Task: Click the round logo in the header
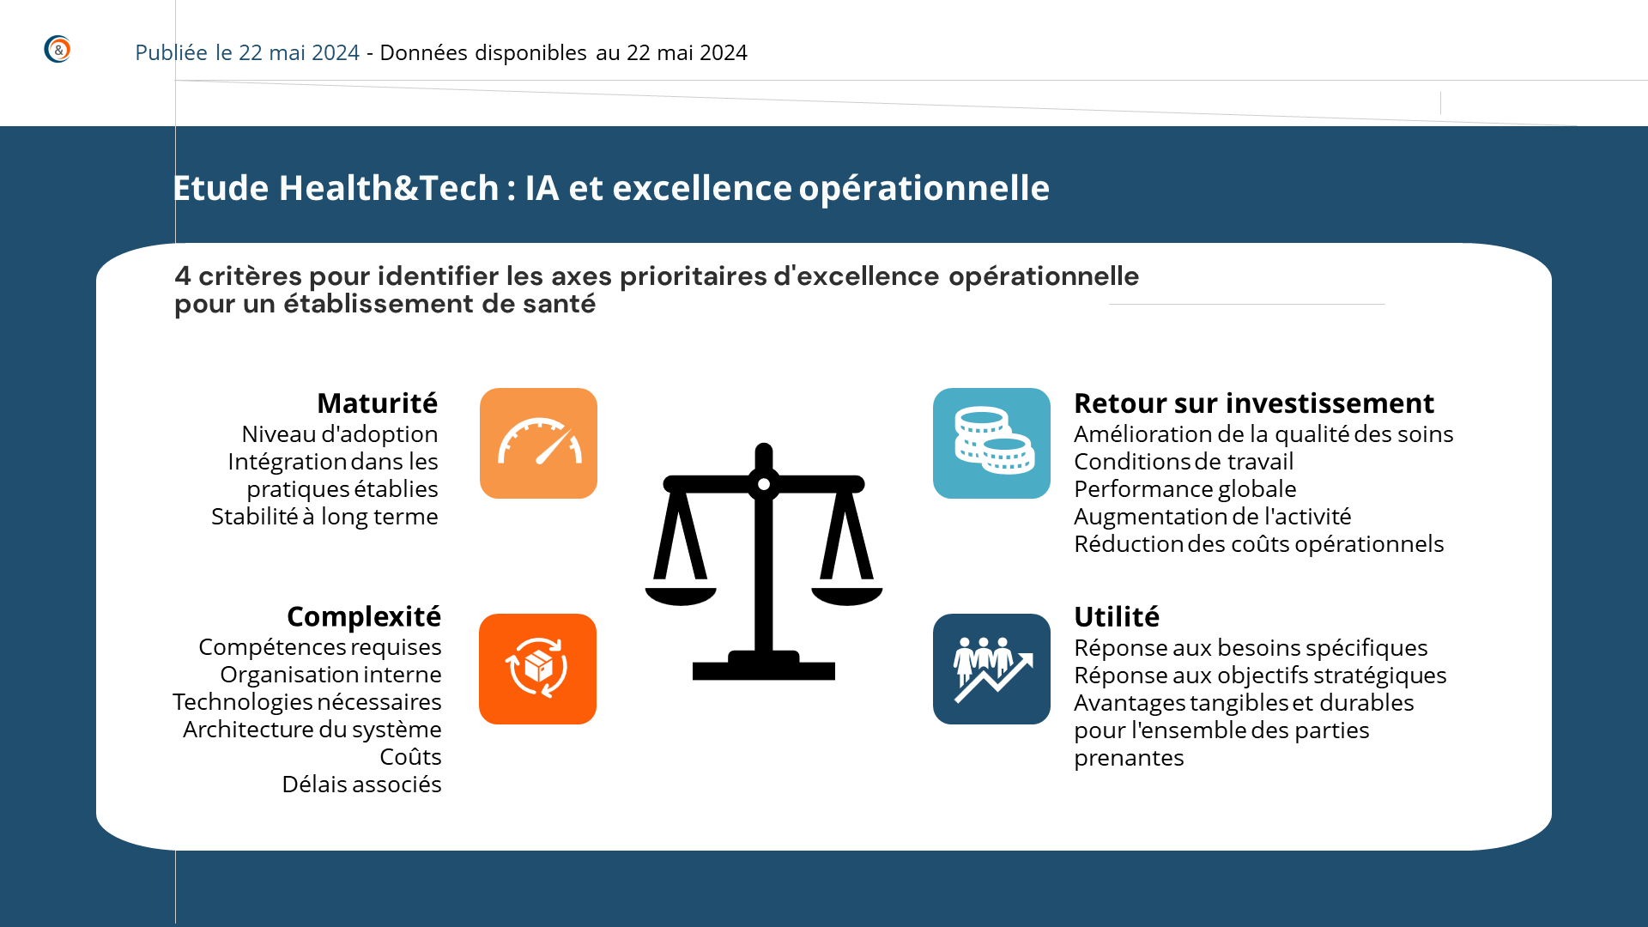tap(58, 49)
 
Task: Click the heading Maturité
tap(377, 403)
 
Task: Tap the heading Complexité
tap(364, 616)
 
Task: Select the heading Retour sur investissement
tap(1254, 403)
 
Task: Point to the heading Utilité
tap(1117, 616)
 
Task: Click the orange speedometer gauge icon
tap(538, 443)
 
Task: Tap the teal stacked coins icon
tap(991, 443)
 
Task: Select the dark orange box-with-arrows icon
tap(537, 669)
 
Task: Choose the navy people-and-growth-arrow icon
tap(991, 669)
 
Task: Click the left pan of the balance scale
tap(681, 597)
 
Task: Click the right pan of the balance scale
tap(847, 597)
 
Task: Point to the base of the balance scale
tap(764, 667)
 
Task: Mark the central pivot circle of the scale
tap(764, 484)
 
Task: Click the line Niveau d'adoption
tap(340, 433)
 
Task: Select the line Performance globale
tap(1185, 488)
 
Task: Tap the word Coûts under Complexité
tap(410, 756)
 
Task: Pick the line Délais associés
tap(361, 784)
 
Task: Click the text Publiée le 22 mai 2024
tap(247, 52)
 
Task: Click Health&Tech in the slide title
tap(389, 188)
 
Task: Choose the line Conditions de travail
tap(1184, 461)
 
